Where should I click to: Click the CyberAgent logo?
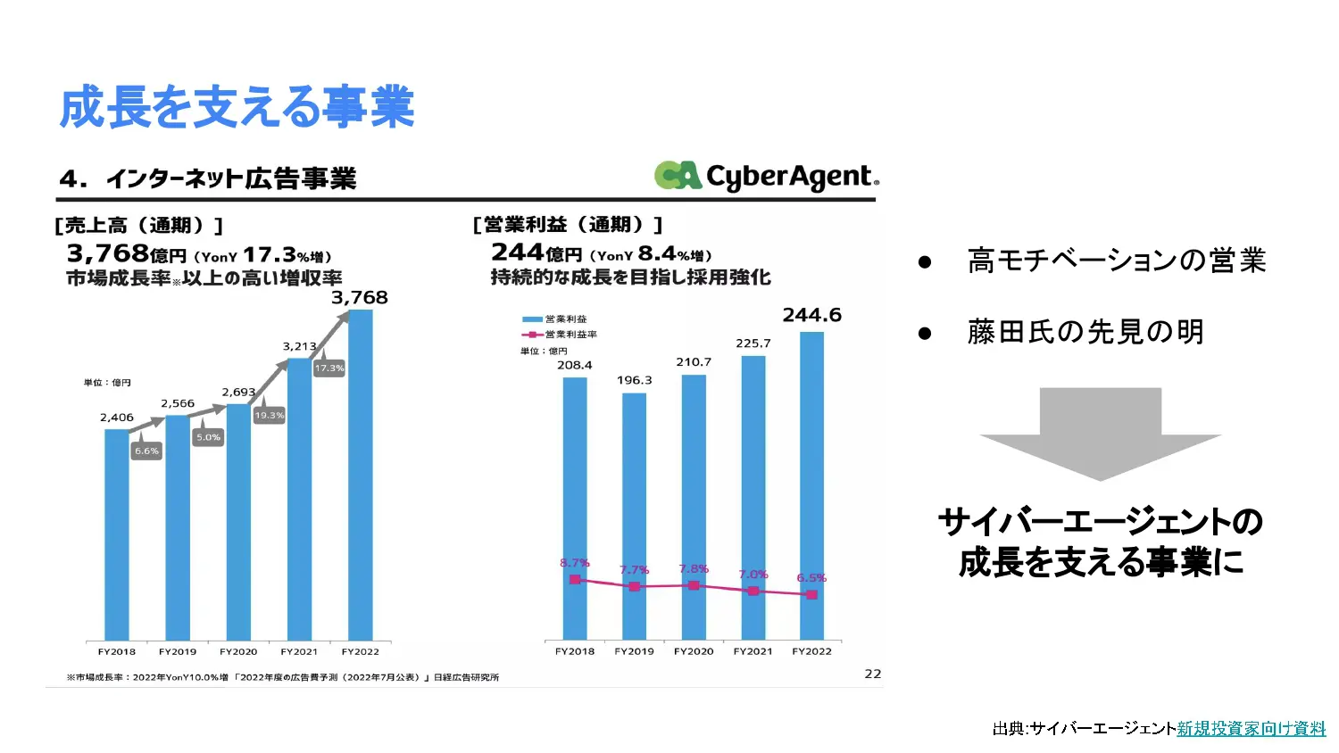pos(766,176)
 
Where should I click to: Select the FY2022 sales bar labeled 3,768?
pos(360,473)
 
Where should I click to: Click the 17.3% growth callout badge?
pos(329,368)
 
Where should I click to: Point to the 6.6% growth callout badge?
pos(146,451)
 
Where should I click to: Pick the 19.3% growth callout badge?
pos(269,415)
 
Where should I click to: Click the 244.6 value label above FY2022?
pos(811,315)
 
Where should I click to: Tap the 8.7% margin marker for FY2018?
pos(575,580)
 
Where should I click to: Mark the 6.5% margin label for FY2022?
pos(811,578)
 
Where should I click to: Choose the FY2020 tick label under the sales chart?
pos(238,651)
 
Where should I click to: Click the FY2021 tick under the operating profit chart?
pos(753,651)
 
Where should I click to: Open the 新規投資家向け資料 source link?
pos(1251,729)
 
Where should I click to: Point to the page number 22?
pos(872,674)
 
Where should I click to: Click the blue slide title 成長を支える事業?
pos(237,107)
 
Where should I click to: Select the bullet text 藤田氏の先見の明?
pos(1085,332)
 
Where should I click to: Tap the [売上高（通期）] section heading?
pos(138,226)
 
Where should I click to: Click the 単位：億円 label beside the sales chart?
pos(107,383)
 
